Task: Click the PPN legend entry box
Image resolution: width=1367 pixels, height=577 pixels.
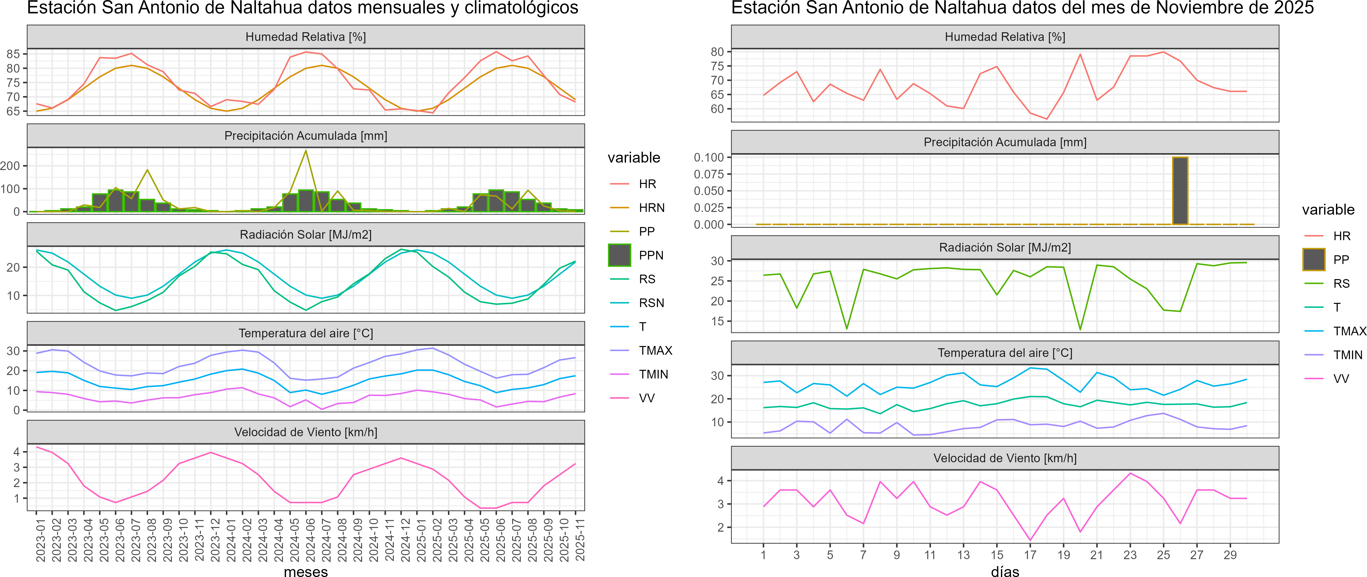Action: (x=619, y=255)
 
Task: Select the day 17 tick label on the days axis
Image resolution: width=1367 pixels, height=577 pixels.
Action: (x=1030, y=555)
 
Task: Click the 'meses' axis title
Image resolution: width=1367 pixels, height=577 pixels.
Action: (x=306, y=571)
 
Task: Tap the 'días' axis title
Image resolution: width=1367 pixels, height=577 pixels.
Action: (x=1005, y=571)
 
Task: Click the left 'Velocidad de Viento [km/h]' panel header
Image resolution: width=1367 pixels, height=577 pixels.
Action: (x=306, y=432)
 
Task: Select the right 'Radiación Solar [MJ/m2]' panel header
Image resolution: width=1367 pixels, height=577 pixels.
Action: (x=1005, y=248)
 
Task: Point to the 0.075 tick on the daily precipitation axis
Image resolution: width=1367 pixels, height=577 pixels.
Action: (x=709, y=174)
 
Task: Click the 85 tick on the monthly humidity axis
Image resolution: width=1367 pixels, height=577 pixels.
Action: (x=13, y=54)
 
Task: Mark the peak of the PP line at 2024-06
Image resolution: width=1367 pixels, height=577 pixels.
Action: (x=306, y=151)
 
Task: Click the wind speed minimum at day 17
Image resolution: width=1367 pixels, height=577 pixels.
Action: (x=1030, y=540)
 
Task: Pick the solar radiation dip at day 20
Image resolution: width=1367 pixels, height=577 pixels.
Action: (x=1080, y=329)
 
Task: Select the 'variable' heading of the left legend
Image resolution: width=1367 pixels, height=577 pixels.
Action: (x=634, y=157)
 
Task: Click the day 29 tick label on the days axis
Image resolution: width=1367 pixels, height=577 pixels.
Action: (x=1230, y=555)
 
